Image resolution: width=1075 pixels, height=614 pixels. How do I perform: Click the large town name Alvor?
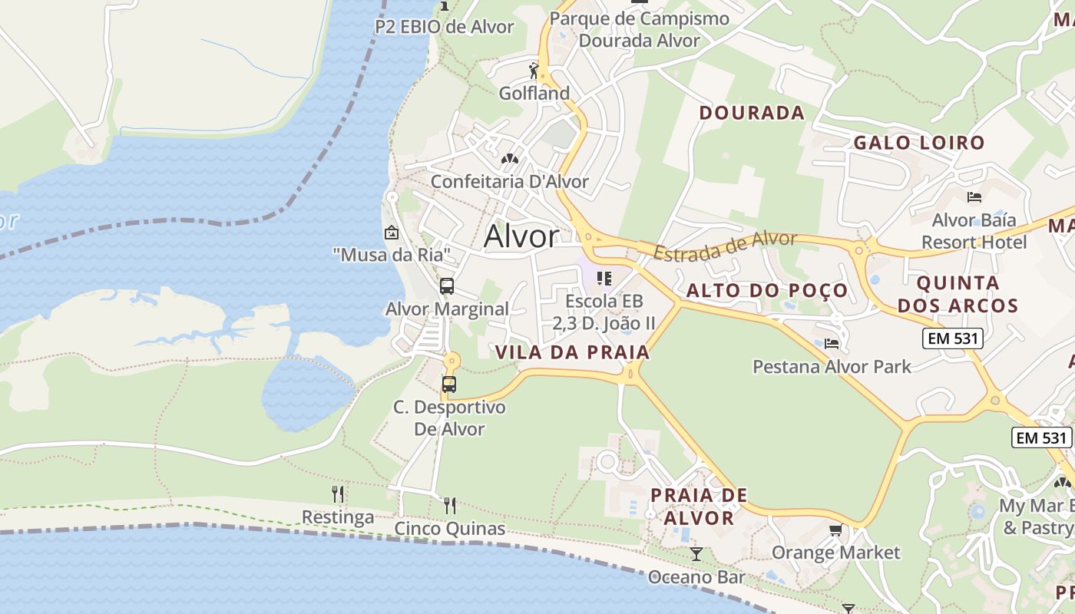coord(521,236)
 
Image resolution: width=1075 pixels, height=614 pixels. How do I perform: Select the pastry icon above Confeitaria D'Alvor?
coord(509,159)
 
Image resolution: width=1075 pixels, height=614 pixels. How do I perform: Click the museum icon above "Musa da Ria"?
coord(392,232)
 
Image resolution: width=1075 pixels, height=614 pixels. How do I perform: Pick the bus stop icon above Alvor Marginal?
coord(447,286)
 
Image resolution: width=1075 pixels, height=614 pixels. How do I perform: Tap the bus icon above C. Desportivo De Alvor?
coord(449,384)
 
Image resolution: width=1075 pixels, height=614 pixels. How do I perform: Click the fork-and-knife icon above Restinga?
coord(338,494)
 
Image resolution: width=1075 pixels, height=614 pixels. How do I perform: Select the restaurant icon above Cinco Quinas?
coord(450,505)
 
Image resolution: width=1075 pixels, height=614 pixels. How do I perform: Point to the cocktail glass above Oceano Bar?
coord(696,553)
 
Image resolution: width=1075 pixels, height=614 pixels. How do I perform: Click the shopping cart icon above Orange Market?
coord(836,530)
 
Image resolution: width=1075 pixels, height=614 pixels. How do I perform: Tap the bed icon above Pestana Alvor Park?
coord(832,343)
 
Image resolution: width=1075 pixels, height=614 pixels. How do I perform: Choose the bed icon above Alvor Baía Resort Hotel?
coord(974,197)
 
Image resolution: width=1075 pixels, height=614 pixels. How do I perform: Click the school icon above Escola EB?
coord(604,278)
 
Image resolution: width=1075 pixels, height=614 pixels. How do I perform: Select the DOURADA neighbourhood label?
coord(752,113)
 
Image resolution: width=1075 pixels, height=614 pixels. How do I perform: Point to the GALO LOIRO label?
coord(919,143)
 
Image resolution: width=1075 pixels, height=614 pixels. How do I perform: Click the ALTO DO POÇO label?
coord(766,290)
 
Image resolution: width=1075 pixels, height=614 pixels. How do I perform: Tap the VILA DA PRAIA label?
coord(573,352)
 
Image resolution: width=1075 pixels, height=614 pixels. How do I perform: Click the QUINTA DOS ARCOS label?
coord(958,294)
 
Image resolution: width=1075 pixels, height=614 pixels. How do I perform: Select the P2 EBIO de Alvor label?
coord(445,27)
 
